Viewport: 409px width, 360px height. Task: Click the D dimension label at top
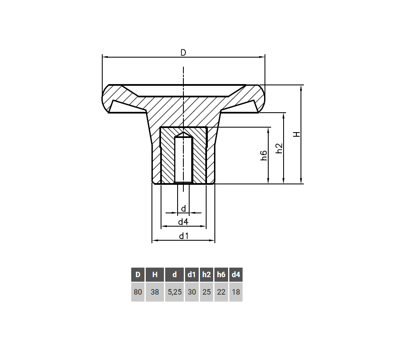(183, 53)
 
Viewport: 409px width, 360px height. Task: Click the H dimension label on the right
(296, 135)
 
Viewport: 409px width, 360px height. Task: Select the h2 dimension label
(279, 148)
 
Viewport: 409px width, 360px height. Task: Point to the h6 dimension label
(264, 156)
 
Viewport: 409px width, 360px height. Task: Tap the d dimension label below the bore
(183, 208)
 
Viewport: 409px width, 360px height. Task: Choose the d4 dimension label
(183, 222)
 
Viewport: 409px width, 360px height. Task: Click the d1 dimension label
(183, 236)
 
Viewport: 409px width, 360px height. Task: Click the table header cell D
(138, 274)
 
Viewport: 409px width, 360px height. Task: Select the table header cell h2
(207, 274)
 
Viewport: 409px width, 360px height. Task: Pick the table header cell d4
(236, 274)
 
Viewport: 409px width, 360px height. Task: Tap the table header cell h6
(221, 274)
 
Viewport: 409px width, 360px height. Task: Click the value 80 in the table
(138, 292)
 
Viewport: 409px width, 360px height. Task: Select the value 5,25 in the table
(175, 292)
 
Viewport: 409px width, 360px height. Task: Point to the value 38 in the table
(155, 292)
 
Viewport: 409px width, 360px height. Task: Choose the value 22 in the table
(221, 292)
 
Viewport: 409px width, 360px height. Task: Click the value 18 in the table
(236, 292)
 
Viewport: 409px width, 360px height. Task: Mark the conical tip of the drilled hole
(183, 135)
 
